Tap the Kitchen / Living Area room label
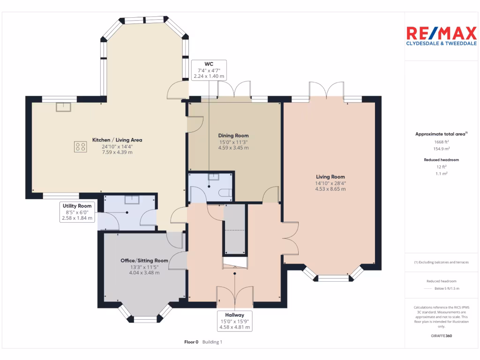(117, 140)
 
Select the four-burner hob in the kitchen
(80, 147)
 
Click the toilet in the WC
(226, 193)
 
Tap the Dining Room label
(233, 136)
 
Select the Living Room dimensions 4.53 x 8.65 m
(330, 189)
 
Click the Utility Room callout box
(78, 212)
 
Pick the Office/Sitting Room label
(144, 261)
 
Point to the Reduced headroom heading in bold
(441, 160)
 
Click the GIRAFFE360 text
(441, 336)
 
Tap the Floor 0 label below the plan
(191, 342)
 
